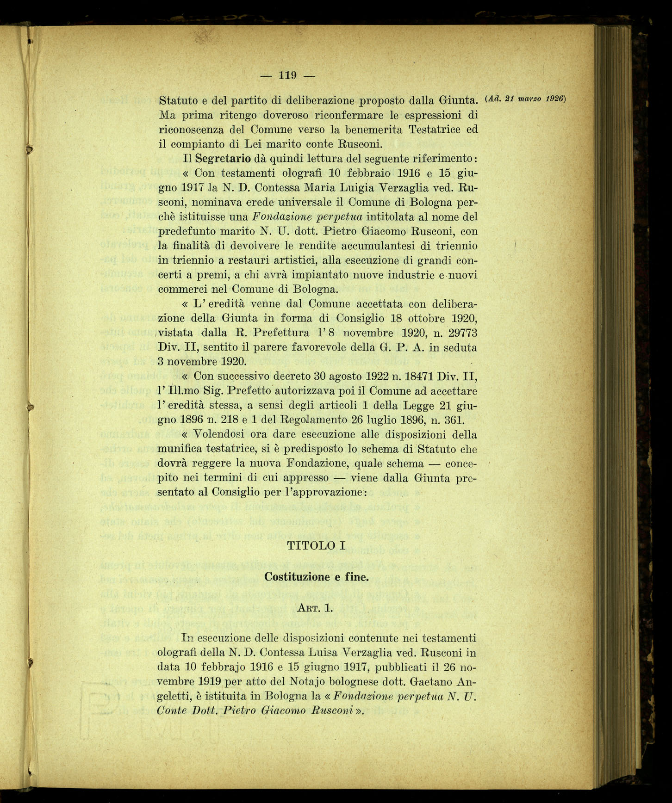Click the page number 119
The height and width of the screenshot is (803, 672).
pos(287,75)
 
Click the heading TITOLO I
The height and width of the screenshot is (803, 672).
pos(316,545)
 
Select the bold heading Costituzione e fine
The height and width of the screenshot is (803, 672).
pos(316,577)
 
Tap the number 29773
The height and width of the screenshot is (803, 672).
pos(460,333)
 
